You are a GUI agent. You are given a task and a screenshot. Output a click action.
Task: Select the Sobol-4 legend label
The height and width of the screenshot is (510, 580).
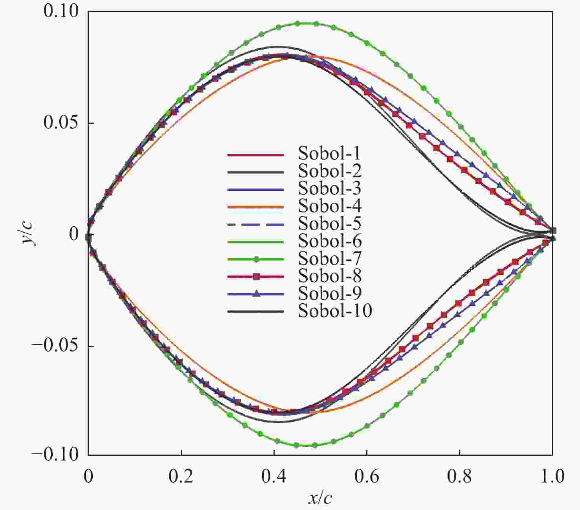[x=329, y=206]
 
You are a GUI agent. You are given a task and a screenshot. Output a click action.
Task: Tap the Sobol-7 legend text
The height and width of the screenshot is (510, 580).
[x=329, y=258]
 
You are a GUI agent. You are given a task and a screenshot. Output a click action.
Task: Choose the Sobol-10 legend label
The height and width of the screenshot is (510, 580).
[x=335, y=311]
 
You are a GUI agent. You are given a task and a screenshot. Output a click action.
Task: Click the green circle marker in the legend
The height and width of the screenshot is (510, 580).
[x=256, y=259]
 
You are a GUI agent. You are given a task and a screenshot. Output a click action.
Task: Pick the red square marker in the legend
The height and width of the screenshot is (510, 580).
[x=256, y=277]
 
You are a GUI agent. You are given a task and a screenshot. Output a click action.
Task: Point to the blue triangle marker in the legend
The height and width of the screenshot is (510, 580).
[x=256, y=294]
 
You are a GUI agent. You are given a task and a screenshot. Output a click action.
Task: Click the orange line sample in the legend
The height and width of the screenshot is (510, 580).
[x=255, y=207]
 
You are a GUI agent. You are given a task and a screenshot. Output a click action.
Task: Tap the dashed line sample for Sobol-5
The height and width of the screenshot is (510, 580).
[x=255, y=224]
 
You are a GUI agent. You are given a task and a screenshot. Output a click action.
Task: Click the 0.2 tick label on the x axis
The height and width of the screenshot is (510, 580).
[x=181, y=477]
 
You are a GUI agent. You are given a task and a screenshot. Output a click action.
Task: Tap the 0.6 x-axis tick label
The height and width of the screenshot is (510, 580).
[x=367, y=477]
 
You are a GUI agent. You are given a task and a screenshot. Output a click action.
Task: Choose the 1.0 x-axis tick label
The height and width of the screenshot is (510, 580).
[x=552, y=477]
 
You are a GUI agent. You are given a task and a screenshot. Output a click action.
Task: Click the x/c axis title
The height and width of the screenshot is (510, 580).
[x=320, y=498]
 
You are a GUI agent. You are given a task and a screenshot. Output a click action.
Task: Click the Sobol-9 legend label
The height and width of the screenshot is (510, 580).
[x=329, y=294]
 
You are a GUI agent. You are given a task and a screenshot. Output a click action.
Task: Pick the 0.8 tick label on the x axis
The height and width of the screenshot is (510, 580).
[x=459, y=477]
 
